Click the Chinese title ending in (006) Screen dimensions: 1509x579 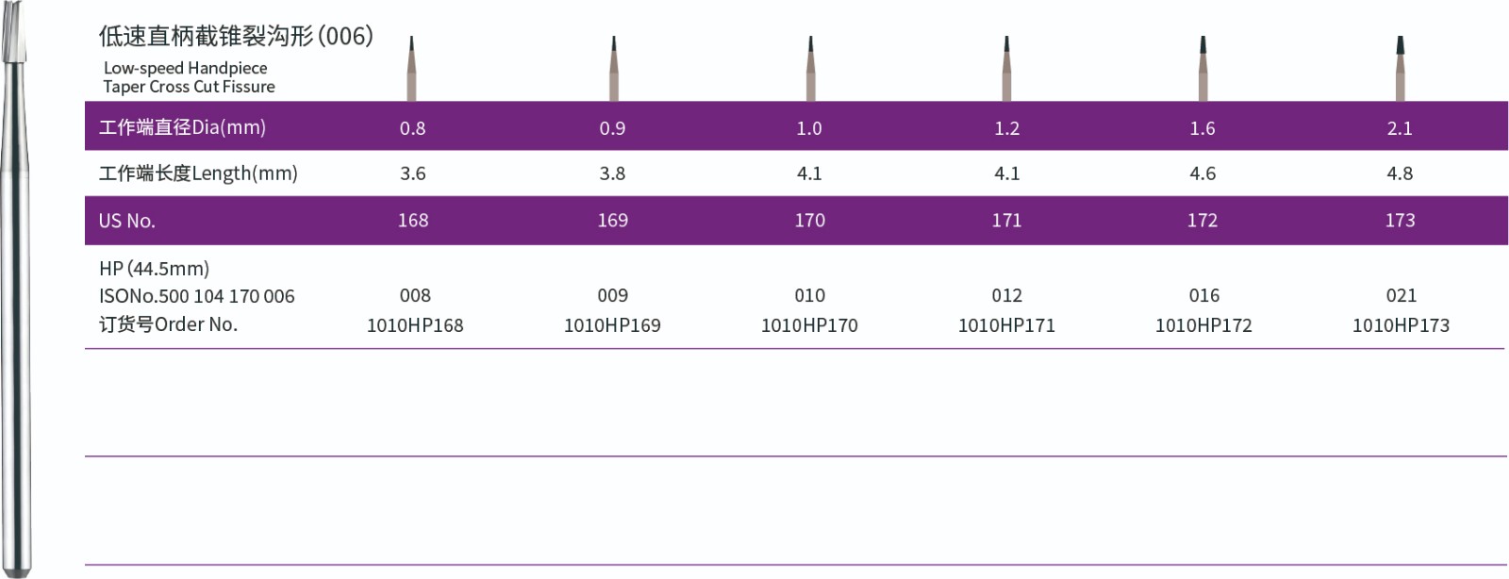click(x=236, y=37)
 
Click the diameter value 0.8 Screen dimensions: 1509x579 click(x=412, y=128)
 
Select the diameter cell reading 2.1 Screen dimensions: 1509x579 click(x=1400, y=128)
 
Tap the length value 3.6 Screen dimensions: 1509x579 click(x=412, y=174)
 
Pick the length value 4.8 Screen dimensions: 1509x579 click(x=1400, y=174)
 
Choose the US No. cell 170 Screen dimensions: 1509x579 click(x=809, y=220)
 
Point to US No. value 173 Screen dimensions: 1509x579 click(x=1400, y=220)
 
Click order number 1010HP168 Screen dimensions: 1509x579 click(x=415, y=325)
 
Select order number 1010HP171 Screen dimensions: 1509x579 click(x=1006, y=325)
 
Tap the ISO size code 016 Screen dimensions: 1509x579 click(x=1203, y=295)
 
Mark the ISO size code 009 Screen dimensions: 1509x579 click(x=612, y=295)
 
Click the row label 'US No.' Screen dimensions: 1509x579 click(x=126, y=221)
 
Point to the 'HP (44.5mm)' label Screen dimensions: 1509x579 click(x=154, y=269)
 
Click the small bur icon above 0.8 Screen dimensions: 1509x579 click(x=411, y=69)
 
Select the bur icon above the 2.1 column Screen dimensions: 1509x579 click(x=1400, y=69)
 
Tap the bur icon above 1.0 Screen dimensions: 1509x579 click(x=810, y=69)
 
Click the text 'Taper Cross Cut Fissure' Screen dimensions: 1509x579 click(x=189, y=87)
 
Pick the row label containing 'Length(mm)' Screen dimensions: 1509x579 click(x=198, y=174)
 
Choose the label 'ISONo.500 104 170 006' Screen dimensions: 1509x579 click(x=197, y=296)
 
